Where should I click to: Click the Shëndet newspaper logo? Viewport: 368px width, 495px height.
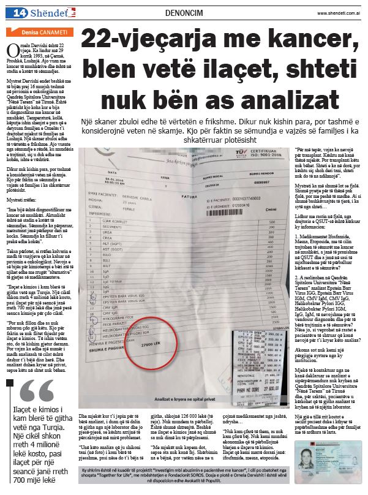tap(44, 13)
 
